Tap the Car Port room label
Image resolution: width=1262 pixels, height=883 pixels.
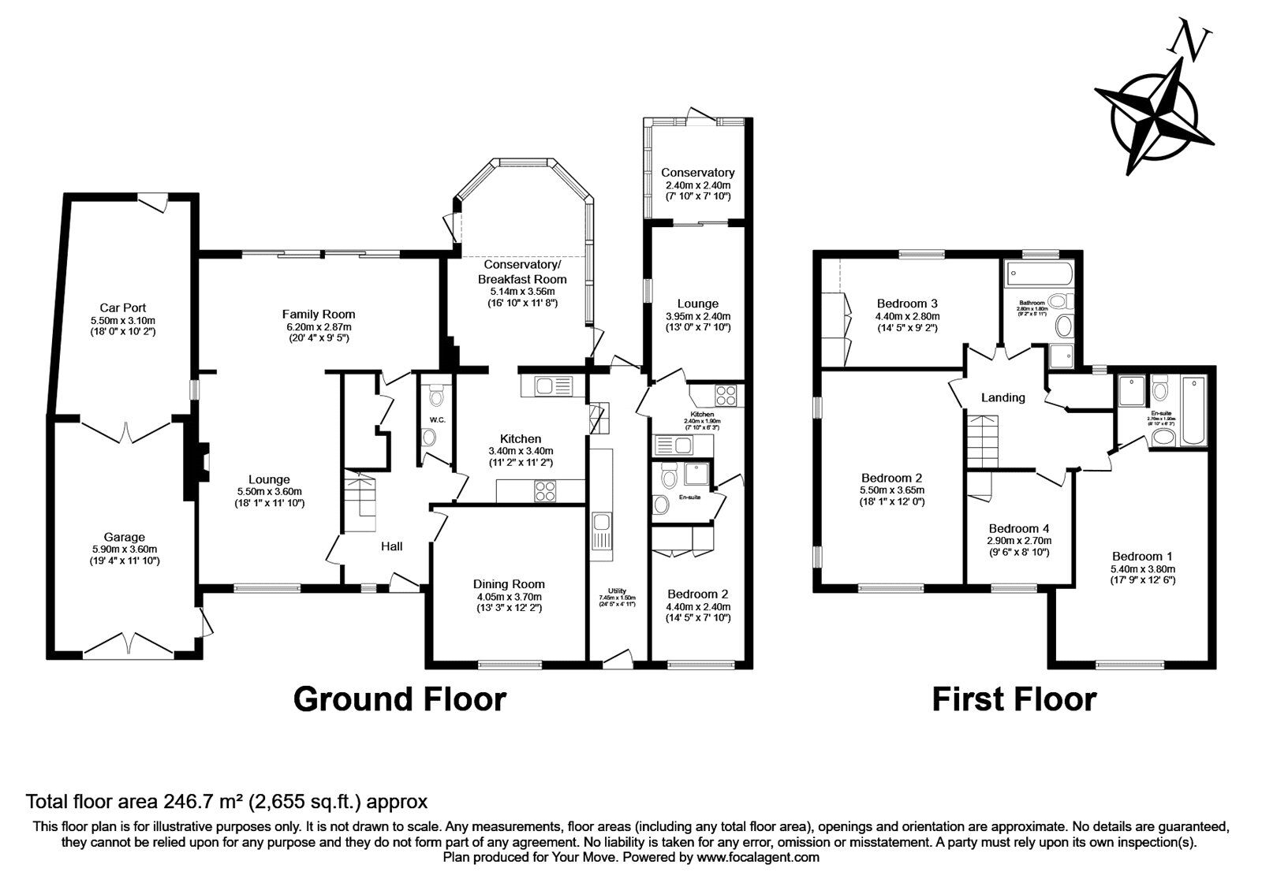[122, 307]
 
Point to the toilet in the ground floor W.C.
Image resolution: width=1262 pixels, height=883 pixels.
[431, 437]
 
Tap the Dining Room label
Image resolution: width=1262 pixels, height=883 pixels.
[509, 584]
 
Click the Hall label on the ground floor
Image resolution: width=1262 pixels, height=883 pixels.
[392, 546]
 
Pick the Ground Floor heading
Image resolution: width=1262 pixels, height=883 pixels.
[399, 699]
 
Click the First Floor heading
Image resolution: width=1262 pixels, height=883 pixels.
[1014, 699]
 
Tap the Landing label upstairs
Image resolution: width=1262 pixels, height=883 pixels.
[1003, 397]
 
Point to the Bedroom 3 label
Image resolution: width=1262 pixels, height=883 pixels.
[907, 304]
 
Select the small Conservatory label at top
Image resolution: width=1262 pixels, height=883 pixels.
[697, 173]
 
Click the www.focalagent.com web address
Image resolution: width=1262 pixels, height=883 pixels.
[758, 857]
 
